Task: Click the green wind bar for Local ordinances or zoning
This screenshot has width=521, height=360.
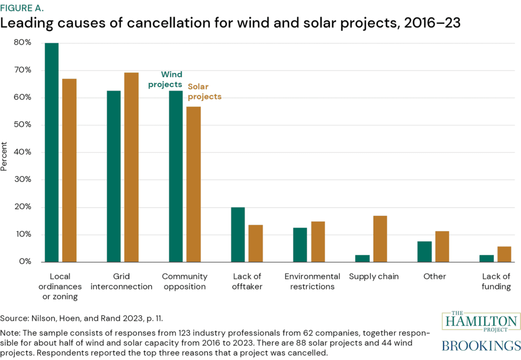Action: pos(51,153)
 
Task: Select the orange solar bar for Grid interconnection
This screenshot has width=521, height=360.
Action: pos(131,168)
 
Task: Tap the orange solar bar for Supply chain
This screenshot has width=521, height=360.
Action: pos(380,239)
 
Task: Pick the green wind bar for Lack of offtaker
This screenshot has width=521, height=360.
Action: pos(238,235)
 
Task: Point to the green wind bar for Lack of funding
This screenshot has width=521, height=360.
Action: pos(487,259)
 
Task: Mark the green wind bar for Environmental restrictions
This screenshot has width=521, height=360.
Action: pos(301,245)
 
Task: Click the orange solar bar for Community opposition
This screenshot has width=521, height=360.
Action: pos(193,184)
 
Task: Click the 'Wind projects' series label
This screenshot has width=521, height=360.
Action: pos(165,79)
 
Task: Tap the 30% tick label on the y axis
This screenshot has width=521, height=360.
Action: pos(22,180)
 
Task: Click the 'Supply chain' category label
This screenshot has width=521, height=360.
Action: pos(374,276)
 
